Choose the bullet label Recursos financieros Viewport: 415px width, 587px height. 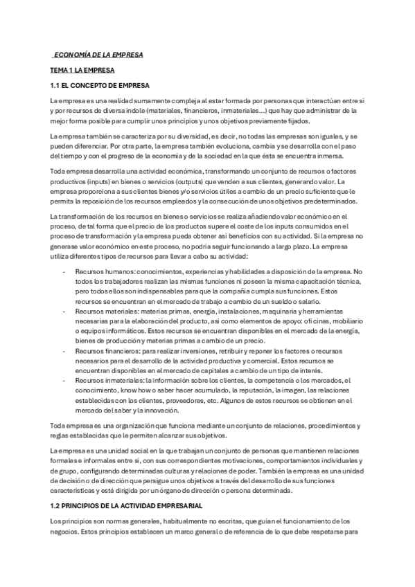click(105, 352)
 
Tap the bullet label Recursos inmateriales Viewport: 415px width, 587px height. click(107, 381)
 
